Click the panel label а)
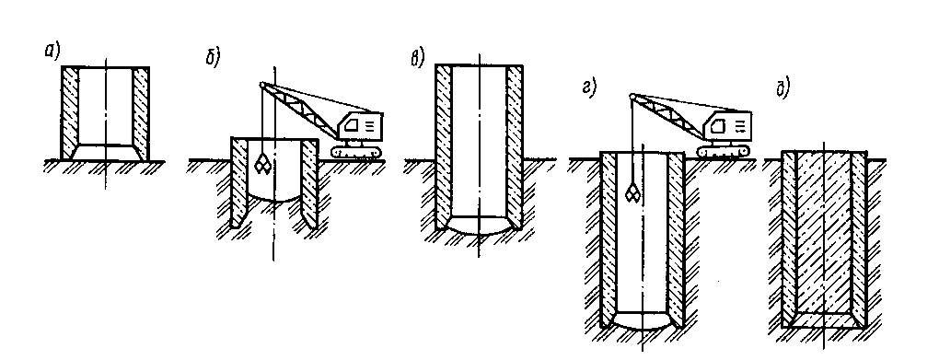[x=52, y=52]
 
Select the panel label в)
[x=417, y=57]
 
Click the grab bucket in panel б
[x=261, y=164]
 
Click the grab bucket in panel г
[x=632, y=192]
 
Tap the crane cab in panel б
[x=360, y=129]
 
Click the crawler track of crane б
[x=355, y=152]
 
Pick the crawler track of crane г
[x=723, y=151]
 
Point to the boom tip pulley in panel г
[x=632, y=96]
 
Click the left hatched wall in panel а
[x=69, y=112]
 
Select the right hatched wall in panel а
[x=141, y=112]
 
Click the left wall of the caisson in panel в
[x=444, y=146]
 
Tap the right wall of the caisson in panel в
[x=515, y=146]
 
